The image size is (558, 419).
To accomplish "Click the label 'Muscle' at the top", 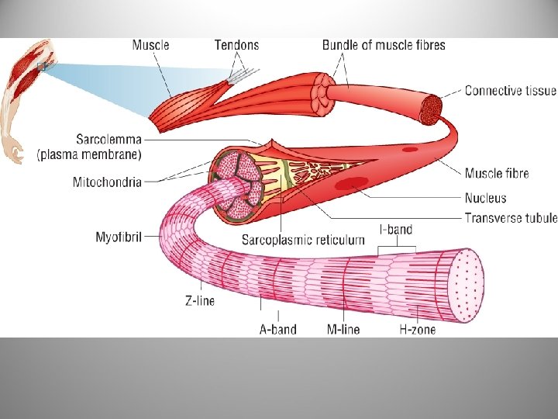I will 150,44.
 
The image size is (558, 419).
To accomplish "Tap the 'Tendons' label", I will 236,44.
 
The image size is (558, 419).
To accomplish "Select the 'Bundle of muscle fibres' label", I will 384,44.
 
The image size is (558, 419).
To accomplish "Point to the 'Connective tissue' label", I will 510,91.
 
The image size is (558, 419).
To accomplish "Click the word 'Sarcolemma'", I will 108,140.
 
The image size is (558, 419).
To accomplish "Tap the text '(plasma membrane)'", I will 89,154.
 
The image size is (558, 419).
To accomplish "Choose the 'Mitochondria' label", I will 107,182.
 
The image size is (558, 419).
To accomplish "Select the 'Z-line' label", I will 199,300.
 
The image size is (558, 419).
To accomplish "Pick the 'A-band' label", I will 277,329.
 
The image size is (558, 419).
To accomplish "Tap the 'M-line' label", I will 343,329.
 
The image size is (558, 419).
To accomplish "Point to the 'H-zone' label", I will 417,329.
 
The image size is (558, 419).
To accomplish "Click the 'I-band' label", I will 395,230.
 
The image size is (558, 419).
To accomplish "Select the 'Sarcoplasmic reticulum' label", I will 303,240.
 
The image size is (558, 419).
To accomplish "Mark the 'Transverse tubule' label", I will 510,218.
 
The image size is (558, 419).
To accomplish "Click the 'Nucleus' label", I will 486,199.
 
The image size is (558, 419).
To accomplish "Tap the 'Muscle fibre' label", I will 497,173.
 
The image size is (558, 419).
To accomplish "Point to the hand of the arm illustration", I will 14,152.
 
